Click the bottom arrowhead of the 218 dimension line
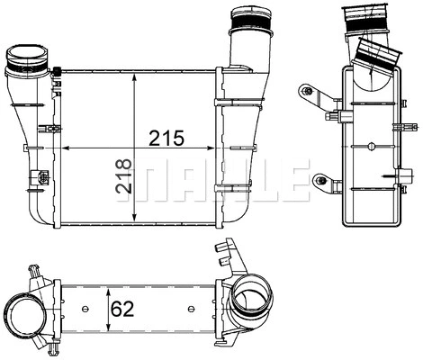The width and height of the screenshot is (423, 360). [x=134, y=221]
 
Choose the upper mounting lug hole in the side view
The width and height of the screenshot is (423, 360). [x=309, y=91]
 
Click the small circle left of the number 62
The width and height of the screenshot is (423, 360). [x=84, y=310]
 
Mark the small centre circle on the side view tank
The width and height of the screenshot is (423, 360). [x=368, y=148]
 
